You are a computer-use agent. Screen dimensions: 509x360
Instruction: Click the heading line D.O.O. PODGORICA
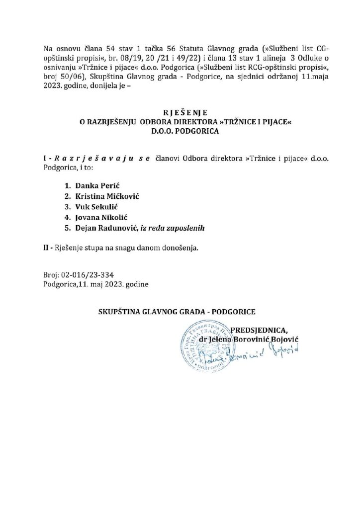point(180,133)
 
